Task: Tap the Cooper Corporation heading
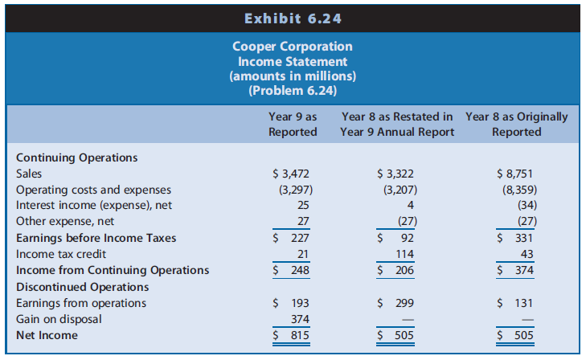[293, 47]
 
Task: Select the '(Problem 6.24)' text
[293, 90]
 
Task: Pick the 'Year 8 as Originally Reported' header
[516, 124]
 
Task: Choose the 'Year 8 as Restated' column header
[397, 124]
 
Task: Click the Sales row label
[29, 174]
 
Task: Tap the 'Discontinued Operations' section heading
[83, 287]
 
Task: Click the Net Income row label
[47, 335]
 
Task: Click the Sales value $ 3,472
[292, 174]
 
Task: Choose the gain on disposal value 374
[300, 319]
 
